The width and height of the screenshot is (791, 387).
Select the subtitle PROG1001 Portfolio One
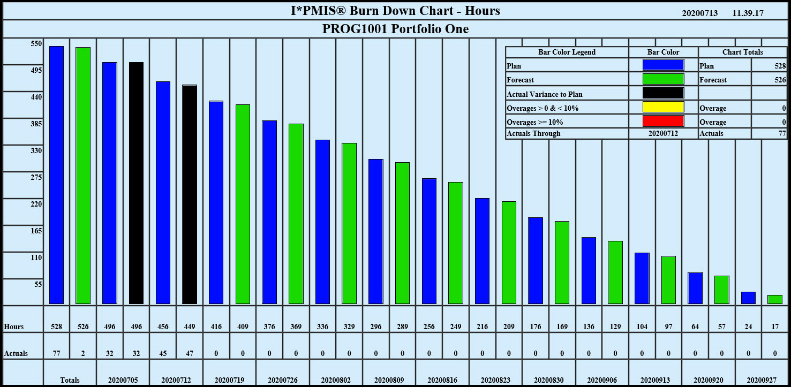395,29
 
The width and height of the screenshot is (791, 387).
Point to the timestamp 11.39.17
748,13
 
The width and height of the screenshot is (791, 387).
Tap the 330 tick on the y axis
36,150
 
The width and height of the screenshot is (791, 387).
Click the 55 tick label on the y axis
38,284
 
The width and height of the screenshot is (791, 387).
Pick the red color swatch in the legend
663,122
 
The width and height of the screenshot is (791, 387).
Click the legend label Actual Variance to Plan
545,94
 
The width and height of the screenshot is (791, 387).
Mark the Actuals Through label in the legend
533,133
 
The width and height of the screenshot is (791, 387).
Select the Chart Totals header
742,52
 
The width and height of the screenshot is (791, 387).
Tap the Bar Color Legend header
567,52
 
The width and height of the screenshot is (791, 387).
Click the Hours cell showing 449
190,327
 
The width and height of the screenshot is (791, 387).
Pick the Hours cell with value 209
509,327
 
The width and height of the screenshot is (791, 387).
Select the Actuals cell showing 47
190,353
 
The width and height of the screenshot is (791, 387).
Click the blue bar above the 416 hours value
216,202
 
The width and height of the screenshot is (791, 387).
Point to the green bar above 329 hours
349,223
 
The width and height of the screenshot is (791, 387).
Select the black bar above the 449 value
190,194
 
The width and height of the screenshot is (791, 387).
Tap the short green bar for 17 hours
774,299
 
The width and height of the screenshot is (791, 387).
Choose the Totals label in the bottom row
70,380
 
